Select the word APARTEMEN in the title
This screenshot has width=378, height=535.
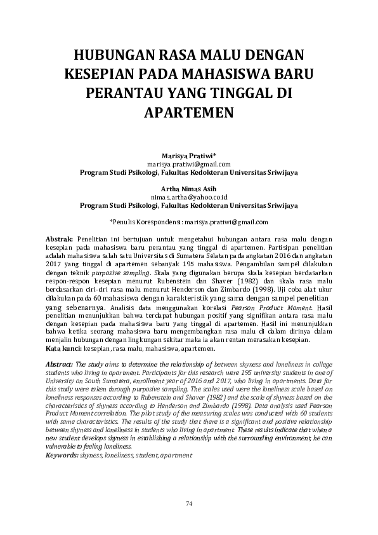point(189,113)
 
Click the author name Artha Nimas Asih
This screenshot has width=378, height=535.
point(188,189)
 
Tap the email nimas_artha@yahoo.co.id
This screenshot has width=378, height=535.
point(189,198)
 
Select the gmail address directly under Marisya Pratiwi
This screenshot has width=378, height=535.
point(189,164)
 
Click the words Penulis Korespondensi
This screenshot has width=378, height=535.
point(148,222)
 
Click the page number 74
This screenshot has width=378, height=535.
point(189,504)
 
